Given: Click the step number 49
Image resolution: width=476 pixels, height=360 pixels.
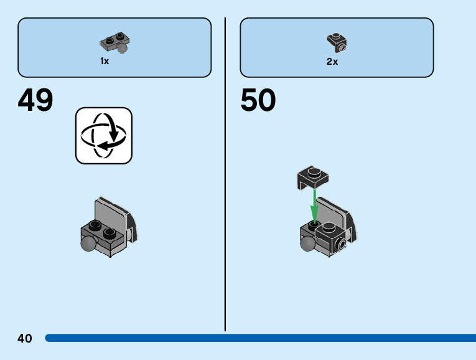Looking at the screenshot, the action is (x=35, y=100).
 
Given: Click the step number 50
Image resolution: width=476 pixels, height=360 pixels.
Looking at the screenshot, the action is (x=258, y=100).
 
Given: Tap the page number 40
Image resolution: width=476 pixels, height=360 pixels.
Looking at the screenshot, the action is (x=25, y=338).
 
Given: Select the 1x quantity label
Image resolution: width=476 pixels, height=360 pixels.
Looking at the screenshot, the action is (x=105, y=61).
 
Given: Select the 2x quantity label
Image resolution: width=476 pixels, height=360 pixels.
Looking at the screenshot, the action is (x=332, y=61).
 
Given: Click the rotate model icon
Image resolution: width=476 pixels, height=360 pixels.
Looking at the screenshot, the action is (x=104, y=135).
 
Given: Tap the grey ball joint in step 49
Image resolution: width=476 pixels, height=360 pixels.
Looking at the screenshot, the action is (x=89, y=244).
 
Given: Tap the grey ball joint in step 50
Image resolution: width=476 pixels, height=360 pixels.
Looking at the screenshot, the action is (x=307, y=244).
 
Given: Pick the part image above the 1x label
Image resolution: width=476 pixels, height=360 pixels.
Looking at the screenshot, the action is (x=115, y=43).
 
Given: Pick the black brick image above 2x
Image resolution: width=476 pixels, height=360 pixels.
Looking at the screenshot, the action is (x=337, y=42).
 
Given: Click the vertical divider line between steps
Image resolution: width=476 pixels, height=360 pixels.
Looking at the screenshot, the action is (x=225, y=174).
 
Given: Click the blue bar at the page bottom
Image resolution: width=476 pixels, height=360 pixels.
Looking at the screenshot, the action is (x=261, y=338).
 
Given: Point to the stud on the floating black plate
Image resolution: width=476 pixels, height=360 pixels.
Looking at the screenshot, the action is (x=314, y=171).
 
